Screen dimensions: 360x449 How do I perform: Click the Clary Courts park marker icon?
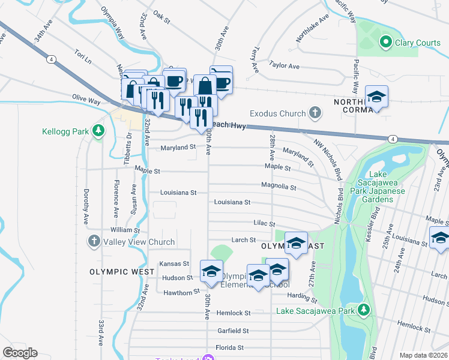click(x=385, y=43)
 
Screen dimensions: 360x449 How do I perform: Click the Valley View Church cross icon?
click(x=94, y=242)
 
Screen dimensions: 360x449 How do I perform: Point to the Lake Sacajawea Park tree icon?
click(x=363, y=310)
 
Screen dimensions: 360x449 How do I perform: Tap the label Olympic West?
click(x=118, y=272)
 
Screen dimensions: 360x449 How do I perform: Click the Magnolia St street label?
click(x=279, y=187)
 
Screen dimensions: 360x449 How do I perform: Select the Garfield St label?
click(x=233, y=331)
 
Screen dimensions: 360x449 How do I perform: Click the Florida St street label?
click(x=229, y=347)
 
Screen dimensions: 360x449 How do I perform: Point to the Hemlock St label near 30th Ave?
click(x=234, y=313)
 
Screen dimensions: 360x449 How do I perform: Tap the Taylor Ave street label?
click(x=285, y=65)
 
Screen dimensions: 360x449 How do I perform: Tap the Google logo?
click(x=20, y=353)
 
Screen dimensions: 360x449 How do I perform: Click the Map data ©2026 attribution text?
click(x=423, y=355)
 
